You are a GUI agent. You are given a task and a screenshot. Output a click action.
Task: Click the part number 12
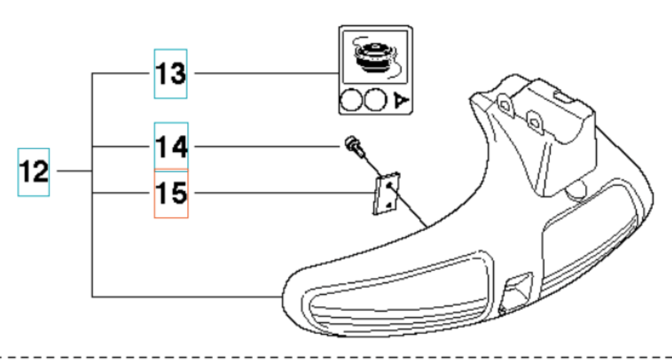tap(34, 172)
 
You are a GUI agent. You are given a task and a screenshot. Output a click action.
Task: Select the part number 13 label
tap(171, 73)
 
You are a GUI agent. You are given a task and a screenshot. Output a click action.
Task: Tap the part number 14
tap(171, 146)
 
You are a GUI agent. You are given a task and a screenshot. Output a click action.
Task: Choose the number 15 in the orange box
tap(171, 193)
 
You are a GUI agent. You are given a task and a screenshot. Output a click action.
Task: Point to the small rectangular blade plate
tap(387, 194)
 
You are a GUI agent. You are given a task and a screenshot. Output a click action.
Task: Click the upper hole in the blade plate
tap(389, 185)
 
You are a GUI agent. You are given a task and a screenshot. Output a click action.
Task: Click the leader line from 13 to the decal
tap(262, 73)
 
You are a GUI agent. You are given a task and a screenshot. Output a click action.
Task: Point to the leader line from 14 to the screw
tap(262, 146)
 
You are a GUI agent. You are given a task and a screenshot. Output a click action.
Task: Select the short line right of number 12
tap(73, 171)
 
